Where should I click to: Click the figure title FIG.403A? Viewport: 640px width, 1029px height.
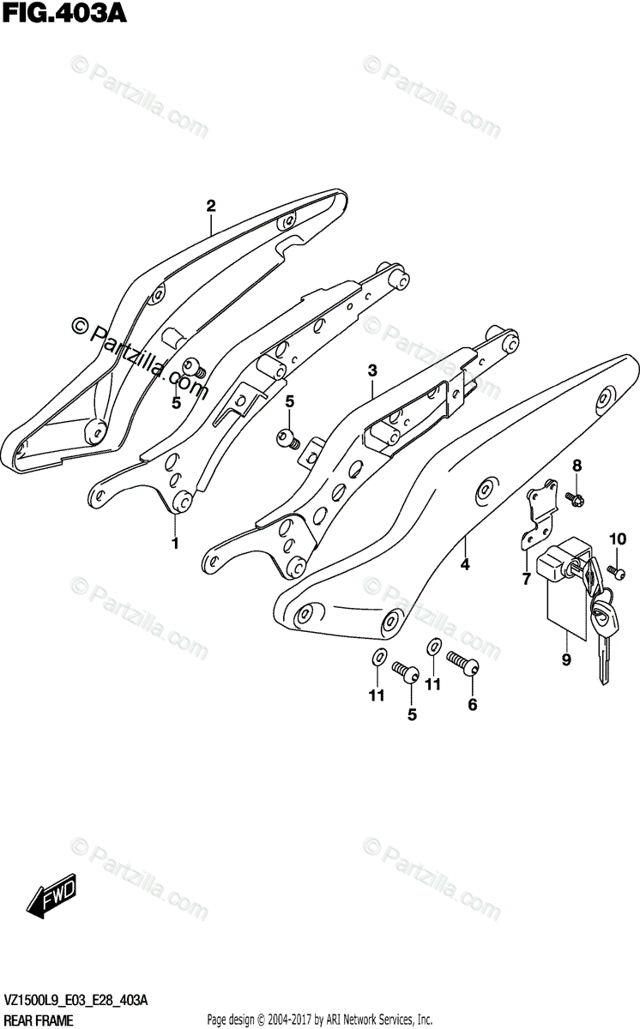pyautogui.click(x=63, y=15)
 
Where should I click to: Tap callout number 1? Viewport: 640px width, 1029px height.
pyautogui.click(x=175, y=544)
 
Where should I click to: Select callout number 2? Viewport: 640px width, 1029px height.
pyautogui.click(x=210, y=205)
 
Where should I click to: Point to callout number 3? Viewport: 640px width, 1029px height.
pyautogui.click(x=372, y=370)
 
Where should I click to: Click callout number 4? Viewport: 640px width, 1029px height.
pyautogui.click(x=465, y=564)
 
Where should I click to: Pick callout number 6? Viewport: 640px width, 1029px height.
pyautogui.click(x=472, y=705)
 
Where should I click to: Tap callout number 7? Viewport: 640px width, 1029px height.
pyautogui.click(x=526, y=580)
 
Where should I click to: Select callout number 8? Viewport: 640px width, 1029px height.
pyautogui.click(x=577, y=466)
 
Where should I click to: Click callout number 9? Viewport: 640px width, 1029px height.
pyautogui.click(x=565, y=659)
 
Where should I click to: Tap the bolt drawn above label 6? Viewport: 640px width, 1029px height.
pyautogui.click(x=462, y=665)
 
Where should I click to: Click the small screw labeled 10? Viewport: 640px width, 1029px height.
pyautogui.click(x=613, y=569)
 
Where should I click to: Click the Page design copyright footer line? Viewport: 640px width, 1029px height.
pyautogui.click(x=319, y=1020)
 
